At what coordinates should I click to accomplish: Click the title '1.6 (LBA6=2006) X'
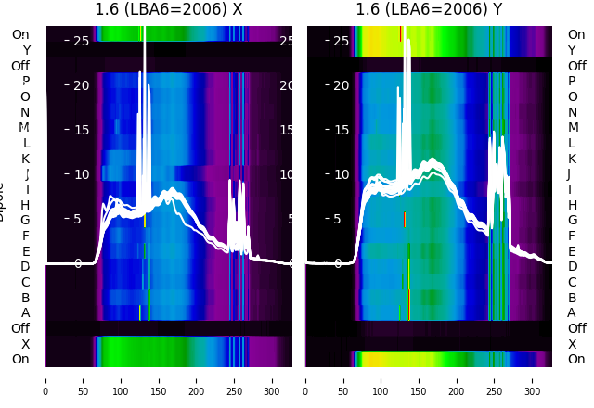tap(169, 10)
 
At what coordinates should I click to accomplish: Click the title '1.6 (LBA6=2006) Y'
tap(430, 10)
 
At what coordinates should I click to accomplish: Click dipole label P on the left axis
tap(25, 82)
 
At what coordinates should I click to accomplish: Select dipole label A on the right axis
tap(572, 313)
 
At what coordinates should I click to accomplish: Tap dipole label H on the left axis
tap(25, 205)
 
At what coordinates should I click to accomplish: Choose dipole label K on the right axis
tap(572, 159)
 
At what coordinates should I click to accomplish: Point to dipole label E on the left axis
tap(25, 251)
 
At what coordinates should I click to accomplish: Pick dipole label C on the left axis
tap(25, 282)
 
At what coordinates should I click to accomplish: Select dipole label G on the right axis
tap(572, 221)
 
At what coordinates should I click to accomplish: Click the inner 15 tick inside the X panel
tap(78, 130)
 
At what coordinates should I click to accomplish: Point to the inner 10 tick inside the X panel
tap(78, 174)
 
